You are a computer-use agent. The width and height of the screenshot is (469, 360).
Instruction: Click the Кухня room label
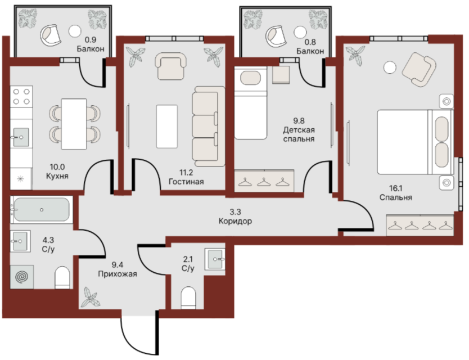point(57,176)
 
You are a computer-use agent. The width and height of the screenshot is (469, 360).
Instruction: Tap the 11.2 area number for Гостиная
point(186,172)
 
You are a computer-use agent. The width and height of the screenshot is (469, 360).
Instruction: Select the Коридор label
point(235,221)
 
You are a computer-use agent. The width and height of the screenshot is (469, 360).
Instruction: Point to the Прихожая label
point(118,274)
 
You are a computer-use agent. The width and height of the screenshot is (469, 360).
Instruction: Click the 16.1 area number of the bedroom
point(396,188)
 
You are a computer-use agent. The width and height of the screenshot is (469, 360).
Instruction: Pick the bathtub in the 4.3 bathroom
point(42,209)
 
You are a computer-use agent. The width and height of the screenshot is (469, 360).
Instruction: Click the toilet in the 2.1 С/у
point(188,298)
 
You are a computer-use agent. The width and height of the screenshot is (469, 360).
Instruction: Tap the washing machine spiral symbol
point(22,277)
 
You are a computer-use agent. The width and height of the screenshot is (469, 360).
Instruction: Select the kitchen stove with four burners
point(21,96)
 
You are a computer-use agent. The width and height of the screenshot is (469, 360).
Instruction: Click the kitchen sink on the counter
point(21,137)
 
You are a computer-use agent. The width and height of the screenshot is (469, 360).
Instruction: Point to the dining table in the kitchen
point(74,124)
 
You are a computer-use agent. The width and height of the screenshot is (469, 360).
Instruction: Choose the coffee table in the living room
point(167,127)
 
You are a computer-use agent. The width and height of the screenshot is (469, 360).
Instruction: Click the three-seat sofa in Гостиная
point(209,127)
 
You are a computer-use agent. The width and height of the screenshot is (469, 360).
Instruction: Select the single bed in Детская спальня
point(250,103)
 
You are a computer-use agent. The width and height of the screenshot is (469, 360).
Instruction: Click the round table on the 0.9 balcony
point(74,31)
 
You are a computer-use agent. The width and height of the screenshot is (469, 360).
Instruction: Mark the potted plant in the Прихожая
point(91,297)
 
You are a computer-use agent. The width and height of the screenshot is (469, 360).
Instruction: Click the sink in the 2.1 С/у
point(215,259)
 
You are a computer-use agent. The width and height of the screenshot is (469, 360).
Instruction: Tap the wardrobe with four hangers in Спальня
point(420,225)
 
